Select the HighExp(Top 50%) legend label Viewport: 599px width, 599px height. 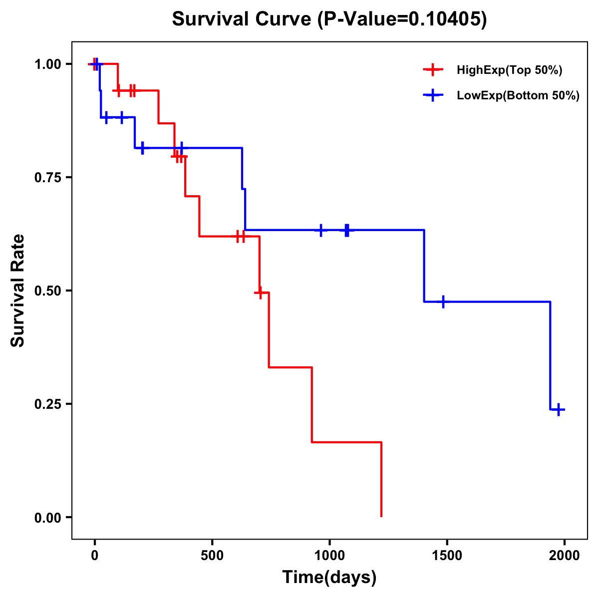[510, 70]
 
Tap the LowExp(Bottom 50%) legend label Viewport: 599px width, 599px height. [518, 96]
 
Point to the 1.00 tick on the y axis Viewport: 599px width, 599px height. [47, 64]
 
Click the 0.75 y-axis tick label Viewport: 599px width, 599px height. [47, 178]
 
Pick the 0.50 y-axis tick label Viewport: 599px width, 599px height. [47, 291]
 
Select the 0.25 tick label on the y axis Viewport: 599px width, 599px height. [47, 404]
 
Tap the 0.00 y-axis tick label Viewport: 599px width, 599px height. [47, 518]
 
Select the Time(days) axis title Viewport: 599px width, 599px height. [329, 578]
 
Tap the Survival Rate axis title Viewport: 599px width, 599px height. [18, 291]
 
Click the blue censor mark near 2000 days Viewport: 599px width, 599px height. [559, 410]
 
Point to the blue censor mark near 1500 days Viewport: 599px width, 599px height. [443, 302]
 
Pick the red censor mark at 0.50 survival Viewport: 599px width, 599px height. [259, 293]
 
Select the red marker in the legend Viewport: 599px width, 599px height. [433, 70]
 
